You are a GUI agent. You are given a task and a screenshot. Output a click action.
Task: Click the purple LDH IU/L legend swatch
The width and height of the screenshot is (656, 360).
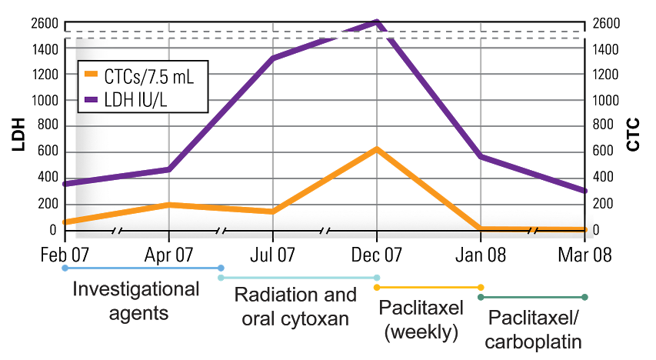click(91, 99)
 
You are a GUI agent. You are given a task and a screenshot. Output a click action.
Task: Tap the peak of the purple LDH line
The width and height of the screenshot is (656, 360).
click(377, 22)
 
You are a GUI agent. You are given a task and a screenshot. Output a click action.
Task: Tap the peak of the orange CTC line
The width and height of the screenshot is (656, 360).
click(377, 148)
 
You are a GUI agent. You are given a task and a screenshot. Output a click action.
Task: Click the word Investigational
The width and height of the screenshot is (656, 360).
click(135, 291)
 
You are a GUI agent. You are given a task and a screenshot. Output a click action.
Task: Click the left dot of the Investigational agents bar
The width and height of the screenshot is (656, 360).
click(65, 268)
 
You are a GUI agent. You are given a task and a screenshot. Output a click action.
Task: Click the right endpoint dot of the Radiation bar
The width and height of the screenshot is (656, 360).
click(377, 277)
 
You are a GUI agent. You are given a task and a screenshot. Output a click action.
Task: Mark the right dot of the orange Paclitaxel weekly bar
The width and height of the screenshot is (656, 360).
click(481, 287)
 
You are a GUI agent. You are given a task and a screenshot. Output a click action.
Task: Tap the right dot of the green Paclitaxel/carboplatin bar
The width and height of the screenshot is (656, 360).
click(584, 297)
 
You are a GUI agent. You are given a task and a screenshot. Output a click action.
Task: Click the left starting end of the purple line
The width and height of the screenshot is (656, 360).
click(65, 184)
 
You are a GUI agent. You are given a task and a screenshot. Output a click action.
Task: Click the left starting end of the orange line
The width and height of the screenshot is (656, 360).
click(65, 222)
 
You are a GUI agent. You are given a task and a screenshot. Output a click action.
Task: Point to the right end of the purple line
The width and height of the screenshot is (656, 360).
click(585, 191)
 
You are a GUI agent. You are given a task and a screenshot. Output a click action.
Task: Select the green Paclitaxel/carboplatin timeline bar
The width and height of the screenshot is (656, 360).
click(533, 297)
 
